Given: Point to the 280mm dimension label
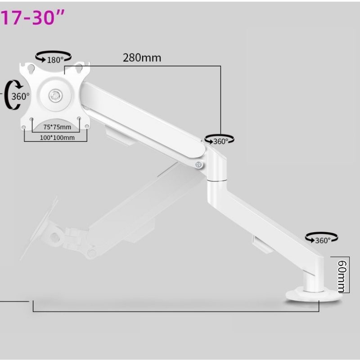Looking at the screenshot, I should coord(142,58).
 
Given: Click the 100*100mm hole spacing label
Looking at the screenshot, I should coord(56,138).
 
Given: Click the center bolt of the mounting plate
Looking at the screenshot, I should coord(55,94).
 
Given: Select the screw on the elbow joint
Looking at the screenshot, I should coord(198,165).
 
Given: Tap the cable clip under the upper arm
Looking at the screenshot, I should coord(118,135).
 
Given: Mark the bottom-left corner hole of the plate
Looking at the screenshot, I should coord(24,128).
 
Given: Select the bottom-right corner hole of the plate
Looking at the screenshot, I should coord(87,128).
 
